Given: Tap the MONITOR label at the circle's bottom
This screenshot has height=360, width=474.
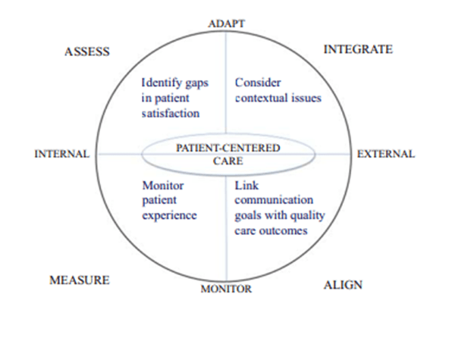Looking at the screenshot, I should click(x=226, y=289).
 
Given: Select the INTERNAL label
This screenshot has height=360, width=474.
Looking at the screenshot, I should click(x=62, y=154).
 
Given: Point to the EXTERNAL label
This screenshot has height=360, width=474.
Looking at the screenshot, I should click(x=386, y=154).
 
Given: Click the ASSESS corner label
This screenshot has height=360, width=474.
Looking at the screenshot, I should click(x=87, y=52).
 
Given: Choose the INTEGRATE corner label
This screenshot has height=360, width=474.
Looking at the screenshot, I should click(x=358, y=49).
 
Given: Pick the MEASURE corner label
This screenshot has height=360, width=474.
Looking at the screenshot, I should click(x=80, y=280).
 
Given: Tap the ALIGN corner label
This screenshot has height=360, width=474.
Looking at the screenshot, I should click(x=343, y=285).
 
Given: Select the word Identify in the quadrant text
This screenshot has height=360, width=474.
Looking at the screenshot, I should click(x=161, y=83).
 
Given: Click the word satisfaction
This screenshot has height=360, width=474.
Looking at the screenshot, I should click(x=171, y=113).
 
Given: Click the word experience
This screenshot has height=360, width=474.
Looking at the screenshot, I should click(x=170, y=215).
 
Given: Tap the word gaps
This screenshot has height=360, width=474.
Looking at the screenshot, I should click(x=196, y=83).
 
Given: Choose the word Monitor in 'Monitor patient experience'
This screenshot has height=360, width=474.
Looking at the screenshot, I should click(x=162, y=185).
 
